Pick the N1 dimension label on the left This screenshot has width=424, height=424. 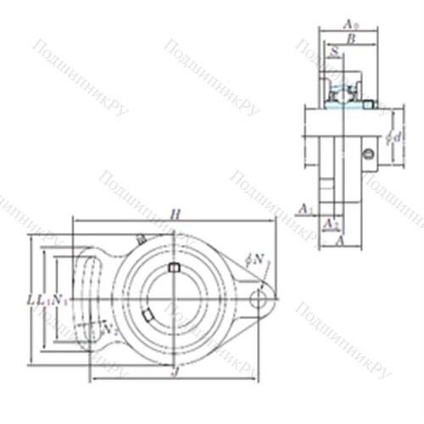pos(59,298)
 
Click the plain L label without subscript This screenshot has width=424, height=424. pos(32,298)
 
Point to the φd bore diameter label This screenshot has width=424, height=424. pos(390,136)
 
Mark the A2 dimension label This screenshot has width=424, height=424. pos(333,223)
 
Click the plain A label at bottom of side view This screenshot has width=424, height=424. pos(340,241)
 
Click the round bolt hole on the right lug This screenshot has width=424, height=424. pos(258,298)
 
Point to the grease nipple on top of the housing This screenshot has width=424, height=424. pos(140,240)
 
